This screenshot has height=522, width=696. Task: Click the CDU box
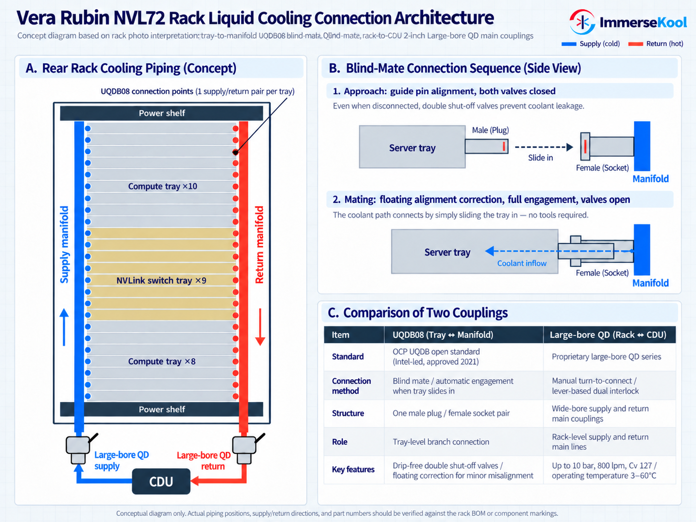(x=161, y=481)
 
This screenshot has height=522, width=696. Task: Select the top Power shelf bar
(x=162, y=113)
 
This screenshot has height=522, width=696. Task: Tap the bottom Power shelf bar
(x=162, y=409)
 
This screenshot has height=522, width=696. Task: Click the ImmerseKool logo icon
(x=582, y=22)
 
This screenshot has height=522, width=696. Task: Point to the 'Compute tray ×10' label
(x=162, y=186)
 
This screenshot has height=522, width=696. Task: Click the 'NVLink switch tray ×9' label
(x=161, y=281)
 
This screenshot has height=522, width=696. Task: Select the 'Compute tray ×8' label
(x=162, y=361)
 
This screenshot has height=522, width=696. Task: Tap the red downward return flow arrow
(x=260, y=327)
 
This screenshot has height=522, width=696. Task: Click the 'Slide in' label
(x=540, y=158)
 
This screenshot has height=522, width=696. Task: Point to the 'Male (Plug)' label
(x=490, y=130)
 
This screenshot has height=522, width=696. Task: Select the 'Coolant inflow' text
(x=522, y=263)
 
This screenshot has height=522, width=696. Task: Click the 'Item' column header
(x=340, y=335)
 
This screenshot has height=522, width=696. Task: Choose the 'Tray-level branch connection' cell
(x=441, y=442)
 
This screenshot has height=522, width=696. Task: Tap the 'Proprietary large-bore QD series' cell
(x=606, y=357)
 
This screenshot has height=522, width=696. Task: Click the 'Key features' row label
(x=353, y=470)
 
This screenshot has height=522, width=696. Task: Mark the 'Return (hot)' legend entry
(x=656, y=43)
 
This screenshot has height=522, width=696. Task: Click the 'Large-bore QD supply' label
(x=122, y=460)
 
